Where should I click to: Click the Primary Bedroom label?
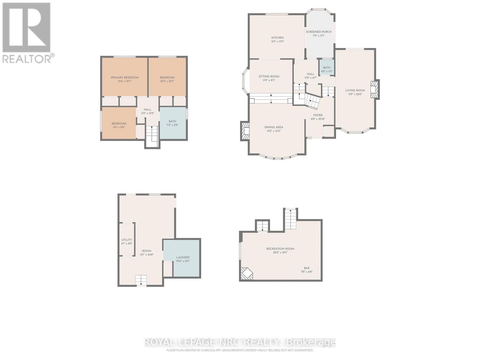coord(124,78)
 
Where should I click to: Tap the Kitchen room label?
coord(277,38)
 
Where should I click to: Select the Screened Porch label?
coord(319,32)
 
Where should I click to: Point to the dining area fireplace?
coord(245,131)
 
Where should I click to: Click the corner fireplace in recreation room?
coord(247,273)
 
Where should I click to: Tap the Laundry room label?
coord(183,257)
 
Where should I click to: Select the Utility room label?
coord(127,240)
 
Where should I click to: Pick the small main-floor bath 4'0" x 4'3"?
coord(326,69)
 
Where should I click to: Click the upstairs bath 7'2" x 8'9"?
coord(172,123)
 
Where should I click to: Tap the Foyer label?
coord(318,115)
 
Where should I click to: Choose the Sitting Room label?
coord(269,76)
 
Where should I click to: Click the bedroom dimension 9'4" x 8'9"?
coord(119,127)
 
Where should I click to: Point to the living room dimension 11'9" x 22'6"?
coord(355,94)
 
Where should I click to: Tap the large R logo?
coord(26,28)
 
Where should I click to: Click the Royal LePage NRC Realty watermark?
coord(240,342)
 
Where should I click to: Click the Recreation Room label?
coord(280,249)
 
